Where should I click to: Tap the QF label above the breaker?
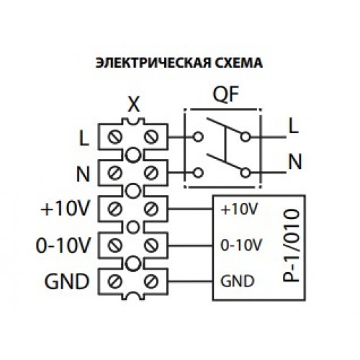coord(226,94)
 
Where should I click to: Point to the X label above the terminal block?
coord(134,105)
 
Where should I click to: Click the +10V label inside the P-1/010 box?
coord(239,209)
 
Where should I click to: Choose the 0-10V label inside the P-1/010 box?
coord(240,246)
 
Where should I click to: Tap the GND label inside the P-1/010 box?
coord(237,281)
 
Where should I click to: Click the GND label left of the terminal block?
coord(67,282)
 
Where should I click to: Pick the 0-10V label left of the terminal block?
coord(63,246)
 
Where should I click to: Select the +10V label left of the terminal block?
coord(65,209)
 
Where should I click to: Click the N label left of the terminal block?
coord(83,174)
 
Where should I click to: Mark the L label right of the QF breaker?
coord(293,126)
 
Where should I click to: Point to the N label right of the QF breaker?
coord(294,161)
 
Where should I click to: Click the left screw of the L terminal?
coord(114,137)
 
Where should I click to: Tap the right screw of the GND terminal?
coord(151,282)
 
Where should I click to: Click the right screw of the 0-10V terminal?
coord(151,246)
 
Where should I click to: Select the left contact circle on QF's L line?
coord(198,137)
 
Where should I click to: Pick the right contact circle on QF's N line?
coord(246,173)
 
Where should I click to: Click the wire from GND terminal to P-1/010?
coord(190,282)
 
